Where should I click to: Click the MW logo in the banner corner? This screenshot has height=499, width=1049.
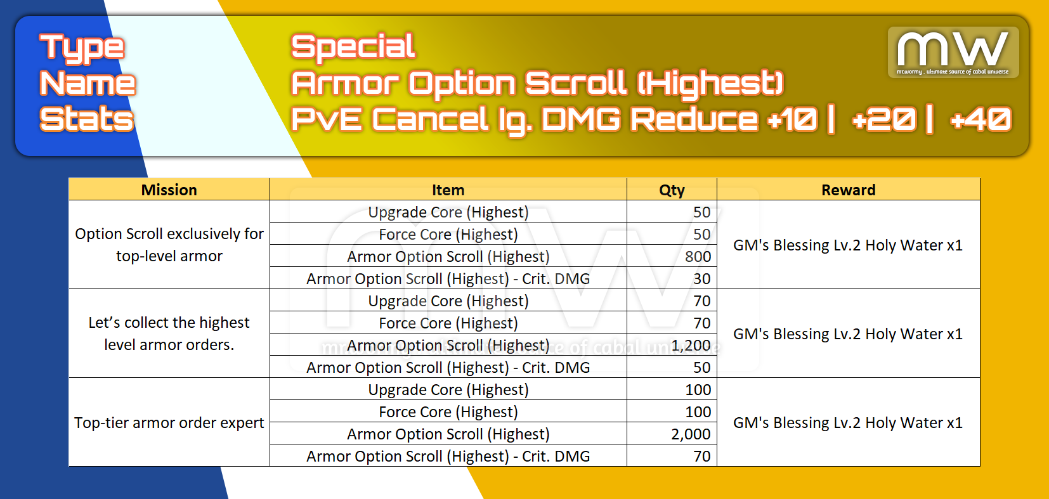point(953,52)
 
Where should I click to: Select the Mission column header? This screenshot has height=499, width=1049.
point(169,190)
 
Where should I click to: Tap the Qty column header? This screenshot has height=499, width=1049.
point(672,190)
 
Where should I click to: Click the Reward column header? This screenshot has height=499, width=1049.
point(848,190)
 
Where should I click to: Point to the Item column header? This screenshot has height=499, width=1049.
point(448,190)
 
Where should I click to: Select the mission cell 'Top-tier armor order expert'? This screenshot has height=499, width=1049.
point(169,422)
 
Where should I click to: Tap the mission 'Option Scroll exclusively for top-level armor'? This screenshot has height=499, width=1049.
point(169,244)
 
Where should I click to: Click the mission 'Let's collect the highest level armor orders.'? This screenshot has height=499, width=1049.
point(169,334)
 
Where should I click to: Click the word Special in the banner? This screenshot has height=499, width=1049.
point(353,47)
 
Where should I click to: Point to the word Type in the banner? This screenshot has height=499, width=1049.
point(82,48)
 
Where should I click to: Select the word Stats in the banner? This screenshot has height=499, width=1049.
point(87,118)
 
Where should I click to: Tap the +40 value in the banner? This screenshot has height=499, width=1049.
point(981,119)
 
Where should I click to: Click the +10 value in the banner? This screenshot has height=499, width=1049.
point(792,119)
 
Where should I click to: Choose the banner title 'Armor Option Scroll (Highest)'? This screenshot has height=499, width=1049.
point(537,83)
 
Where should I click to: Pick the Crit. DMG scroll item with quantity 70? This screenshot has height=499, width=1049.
point(448,456)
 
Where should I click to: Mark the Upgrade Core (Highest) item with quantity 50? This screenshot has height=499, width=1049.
point(448,212)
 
